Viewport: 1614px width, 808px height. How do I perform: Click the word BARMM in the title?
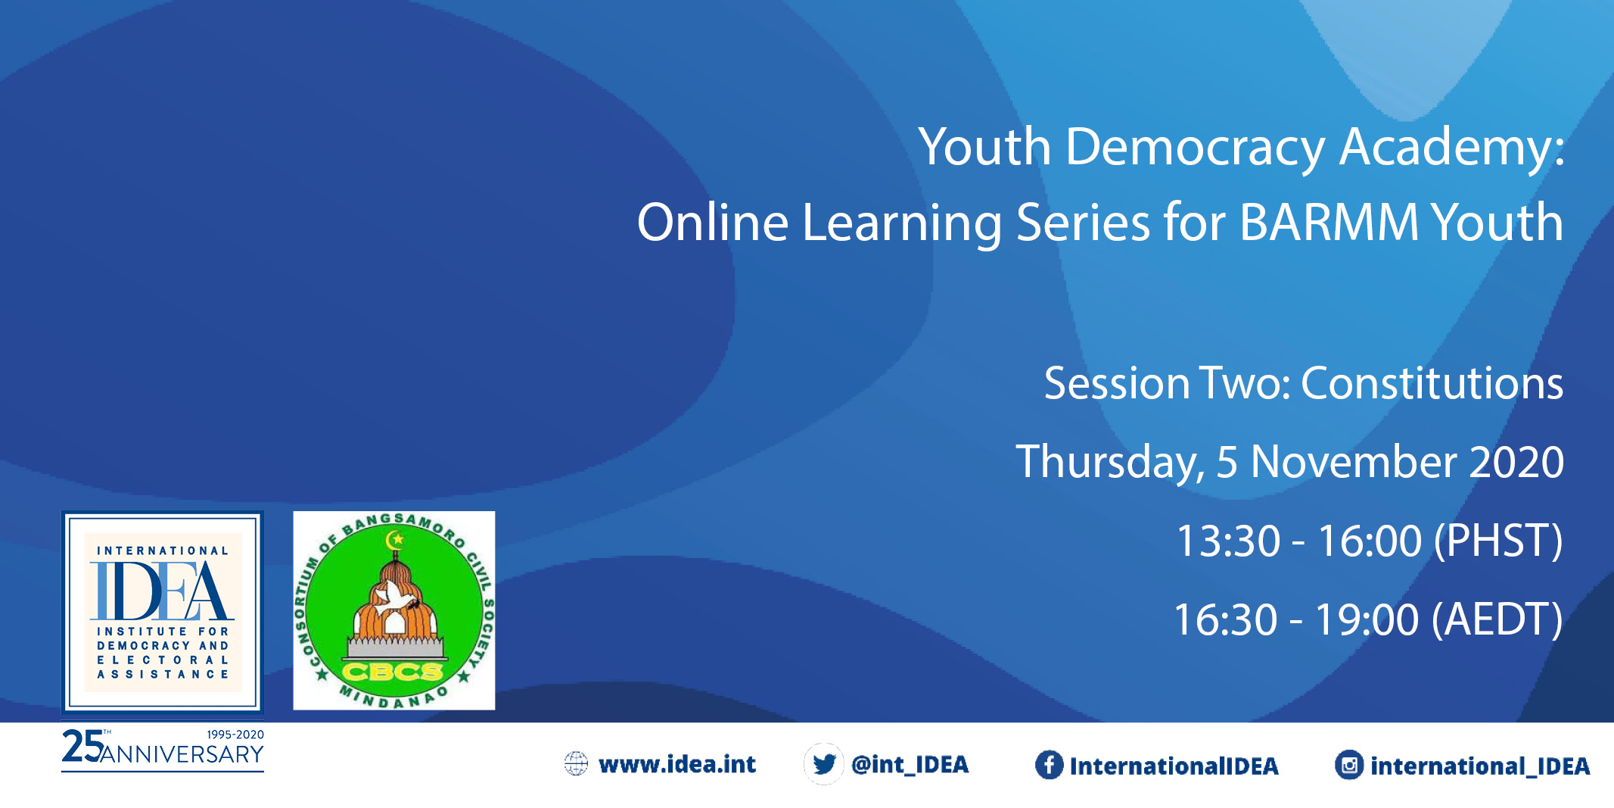pos(1329,223)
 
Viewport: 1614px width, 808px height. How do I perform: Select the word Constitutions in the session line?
pos(1432,383)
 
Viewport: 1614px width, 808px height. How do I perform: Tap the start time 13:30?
pos(1228,541)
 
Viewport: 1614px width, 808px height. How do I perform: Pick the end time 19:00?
pos(1367,619)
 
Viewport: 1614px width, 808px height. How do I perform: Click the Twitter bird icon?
pos(824,764)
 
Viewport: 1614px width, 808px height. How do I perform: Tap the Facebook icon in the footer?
pos(1049,765)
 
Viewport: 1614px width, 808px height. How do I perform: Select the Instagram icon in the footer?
pos(1349,766)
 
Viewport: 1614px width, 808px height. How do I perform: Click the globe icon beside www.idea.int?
pos(576,764)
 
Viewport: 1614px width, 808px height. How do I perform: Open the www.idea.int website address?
pos(677,765)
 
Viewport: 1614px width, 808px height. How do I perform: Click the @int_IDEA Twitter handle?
pos(910,765)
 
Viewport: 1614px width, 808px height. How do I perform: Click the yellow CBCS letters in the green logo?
pos(393,672)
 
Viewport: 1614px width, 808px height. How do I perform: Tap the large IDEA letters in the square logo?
pos(162,591)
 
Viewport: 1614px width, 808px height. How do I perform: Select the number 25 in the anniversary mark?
pos(82,746)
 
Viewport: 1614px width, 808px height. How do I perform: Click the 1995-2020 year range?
pos(235,735)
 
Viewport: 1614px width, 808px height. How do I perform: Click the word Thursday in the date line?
pos(1110,463)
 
